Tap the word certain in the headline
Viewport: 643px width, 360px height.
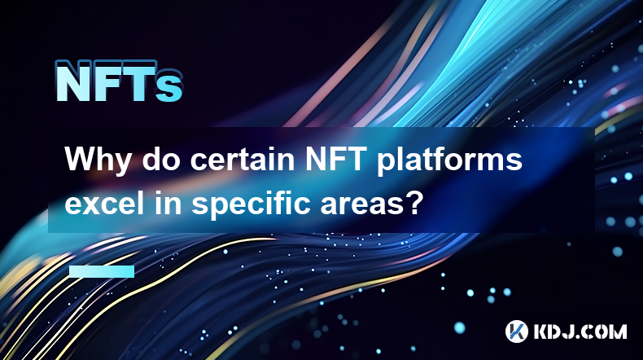(243, 160)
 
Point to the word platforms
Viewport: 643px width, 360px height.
(449, 161)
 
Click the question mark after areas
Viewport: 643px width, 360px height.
(411, 202)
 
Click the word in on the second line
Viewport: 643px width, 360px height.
(168, 202)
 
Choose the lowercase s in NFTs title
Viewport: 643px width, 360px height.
(169, 86)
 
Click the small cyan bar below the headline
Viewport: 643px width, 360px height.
(102, 271)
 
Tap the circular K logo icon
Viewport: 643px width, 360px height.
(516, 331)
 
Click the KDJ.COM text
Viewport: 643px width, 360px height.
(580, 331)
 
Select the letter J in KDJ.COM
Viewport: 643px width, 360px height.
(567, 331)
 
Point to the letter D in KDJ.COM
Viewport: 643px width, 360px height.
(553, 331)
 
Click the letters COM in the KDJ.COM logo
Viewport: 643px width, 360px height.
(604, 331)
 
